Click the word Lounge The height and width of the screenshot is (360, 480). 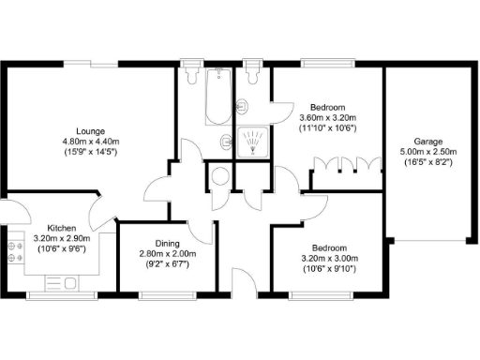90,130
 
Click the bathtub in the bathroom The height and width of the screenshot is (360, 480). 217,97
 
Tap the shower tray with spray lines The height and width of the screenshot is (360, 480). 253,143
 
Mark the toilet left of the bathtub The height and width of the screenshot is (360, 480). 194,73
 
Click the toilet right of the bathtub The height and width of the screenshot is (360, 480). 251,73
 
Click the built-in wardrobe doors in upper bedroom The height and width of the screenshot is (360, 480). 346,168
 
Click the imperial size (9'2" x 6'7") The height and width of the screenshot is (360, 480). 167,265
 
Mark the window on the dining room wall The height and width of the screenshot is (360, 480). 167,295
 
